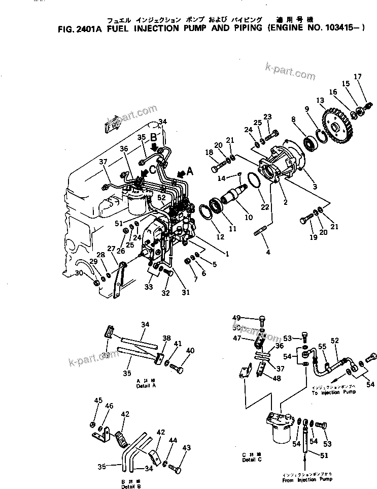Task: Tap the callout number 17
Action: point(358,77)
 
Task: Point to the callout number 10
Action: point(249,218)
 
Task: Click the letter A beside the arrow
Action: point(190,172)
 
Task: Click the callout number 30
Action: point(78,273)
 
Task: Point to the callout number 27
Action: point(111,249)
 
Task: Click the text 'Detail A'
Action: point(145,385)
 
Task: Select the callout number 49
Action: point(250,318)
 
